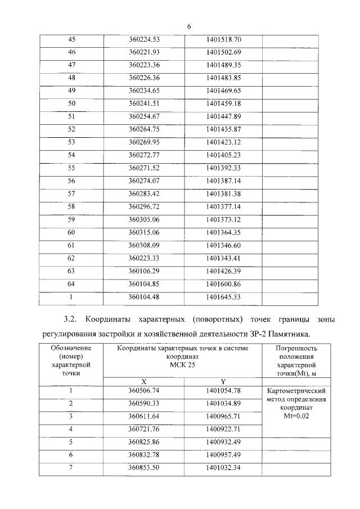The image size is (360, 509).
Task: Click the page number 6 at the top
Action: (189, 26)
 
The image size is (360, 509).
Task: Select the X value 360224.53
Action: (145, 39)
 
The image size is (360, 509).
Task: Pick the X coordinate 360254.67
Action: (145, 116)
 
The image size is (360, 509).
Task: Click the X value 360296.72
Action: (145, 206)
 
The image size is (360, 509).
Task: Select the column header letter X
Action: (145, 381)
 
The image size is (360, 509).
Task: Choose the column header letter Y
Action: (223, 381)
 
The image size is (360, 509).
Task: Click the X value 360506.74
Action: (145, 390)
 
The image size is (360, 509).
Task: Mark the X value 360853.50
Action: (145, 467)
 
